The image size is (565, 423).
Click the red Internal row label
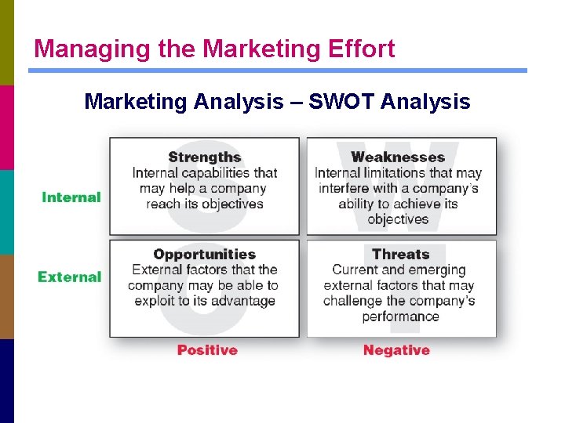tap(71, 197)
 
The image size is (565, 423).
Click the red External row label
tap(70, 277)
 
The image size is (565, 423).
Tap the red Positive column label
tap(207, 350)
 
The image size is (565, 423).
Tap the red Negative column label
tap(396, 350)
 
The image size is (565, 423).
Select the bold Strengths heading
tap(205, 157)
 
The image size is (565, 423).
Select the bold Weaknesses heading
tap(398, 157)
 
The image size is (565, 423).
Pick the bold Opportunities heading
tap(205, 255)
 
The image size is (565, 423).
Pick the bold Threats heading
tap(400, 255)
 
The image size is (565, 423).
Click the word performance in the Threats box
tap(400, 316)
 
